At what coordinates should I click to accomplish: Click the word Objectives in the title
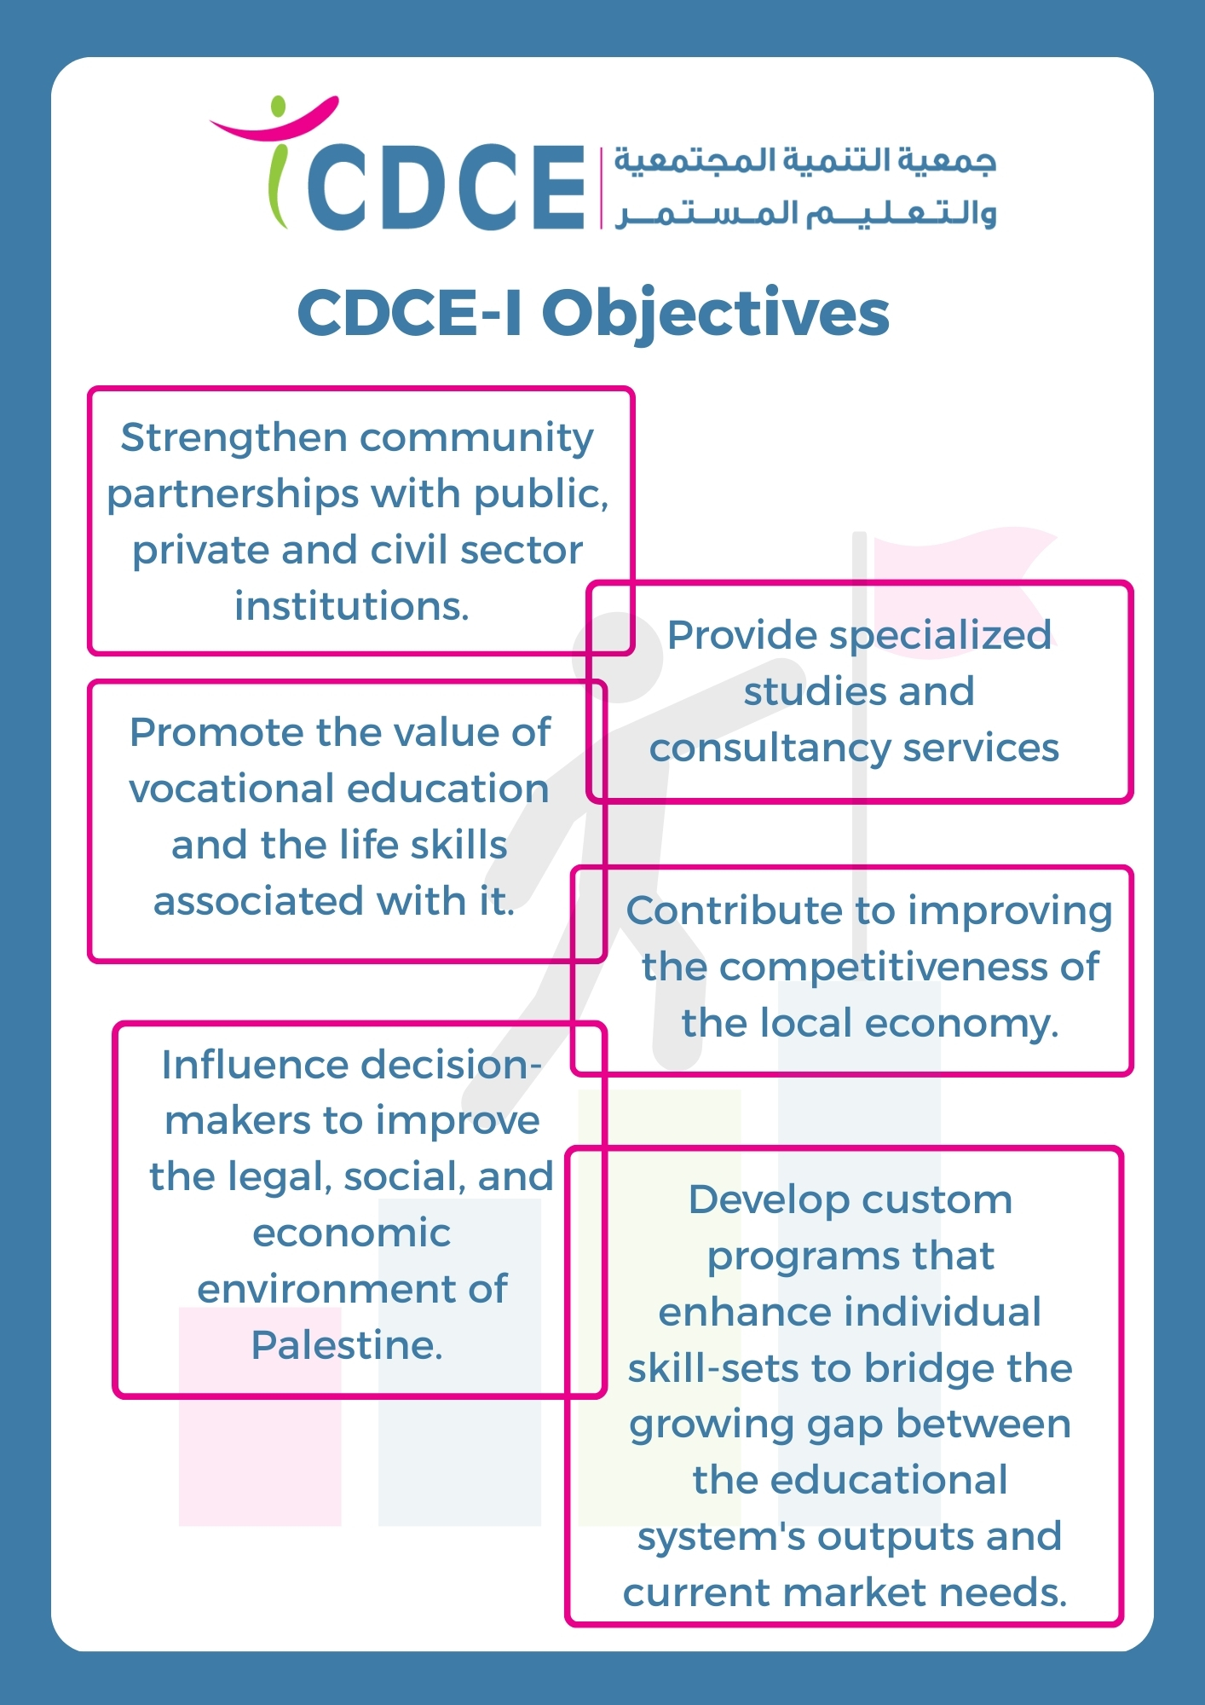coord(716,314)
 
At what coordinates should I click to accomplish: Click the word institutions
coord(352,606)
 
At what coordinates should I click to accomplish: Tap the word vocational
coord(234,789)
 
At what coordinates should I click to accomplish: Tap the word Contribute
coord(735,910)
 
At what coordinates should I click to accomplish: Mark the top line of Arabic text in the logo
coord(804,162)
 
